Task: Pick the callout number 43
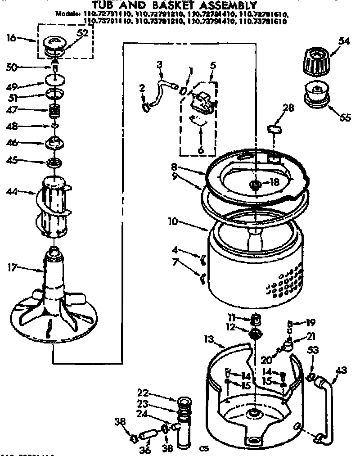coord(342,370)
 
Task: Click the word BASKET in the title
coord(182,6)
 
